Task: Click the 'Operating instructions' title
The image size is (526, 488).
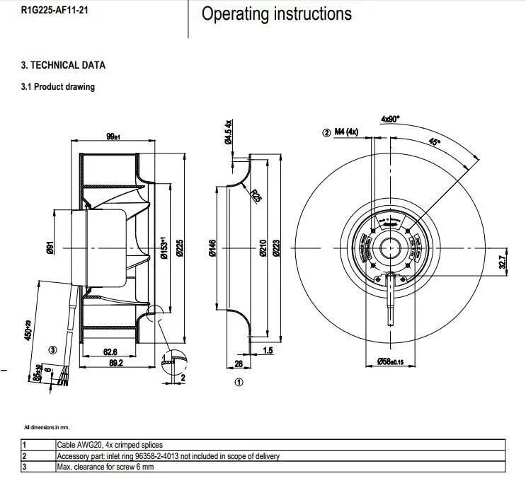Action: tap(276, 14)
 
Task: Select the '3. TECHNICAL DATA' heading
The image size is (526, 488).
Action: tap(63, 65)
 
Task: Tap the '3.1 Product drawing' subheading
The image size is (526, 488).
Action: tap(58, 87)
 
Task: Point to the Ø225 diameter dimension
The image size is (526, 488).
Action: tap(179, 247)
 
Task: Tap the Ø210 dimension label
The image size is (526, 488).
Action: tap(262, 248)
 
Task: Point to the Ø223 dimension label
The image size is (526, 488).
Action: tap(276, 248)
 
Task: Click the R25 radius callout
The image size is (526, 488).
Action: tap(256, 194)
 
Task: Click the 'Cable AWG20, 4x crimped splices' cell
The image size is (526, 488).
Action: tap(113, 446)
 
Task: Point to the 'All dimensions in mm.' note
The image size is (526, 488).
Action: tap(47, 427)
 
